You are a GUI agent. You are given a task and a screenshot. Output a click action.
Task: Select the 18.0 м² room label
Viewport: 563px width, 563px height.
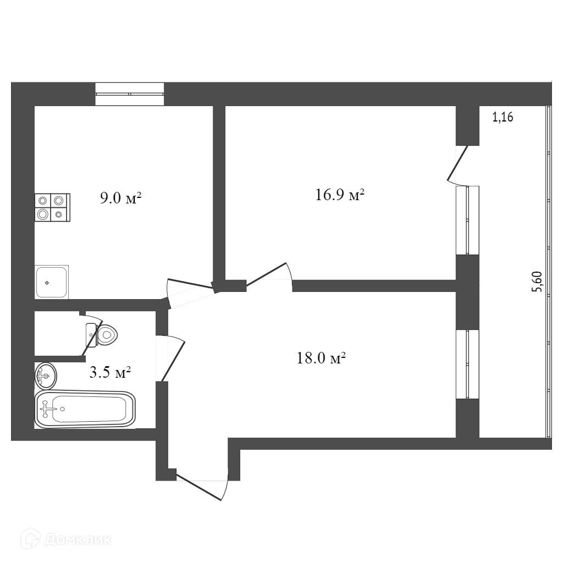[x=321, y=359]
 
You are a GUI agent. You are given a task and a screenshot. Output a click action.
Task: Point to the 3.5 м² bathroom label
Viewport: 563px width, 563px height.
[x=110, y=373]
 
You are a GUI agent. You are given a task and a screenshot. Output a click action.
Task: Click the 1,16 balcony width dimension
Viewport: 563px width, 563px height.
[x=503, y=117]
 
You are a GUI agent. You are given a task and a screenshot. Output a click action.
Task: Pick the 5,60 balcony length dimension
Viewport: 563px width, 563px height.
[x=538, y=284]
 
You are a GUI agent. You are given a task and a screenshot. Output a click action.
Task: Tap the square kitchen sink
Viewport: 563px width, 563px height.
[x=52, y=283]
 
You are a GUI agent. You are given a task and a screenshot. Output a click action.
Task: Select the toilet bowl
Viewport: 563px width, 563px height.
[x=104, y=334]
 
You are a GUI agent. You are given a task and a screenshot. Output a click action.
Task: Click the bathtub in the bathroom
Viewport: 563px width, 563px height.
[x=85, y=409]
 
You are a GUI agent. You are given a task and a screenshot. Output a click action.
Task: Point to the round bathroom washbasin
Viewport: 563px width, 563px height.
[x=45, y=376]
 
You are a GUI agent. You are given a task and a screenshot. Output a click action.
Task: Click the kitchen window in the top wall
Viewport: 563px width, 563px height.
[x=130, y=93]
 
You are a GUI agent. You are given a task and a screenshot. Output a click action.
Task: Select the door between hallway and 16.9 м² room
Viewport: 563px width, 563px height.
[x=268, y=274]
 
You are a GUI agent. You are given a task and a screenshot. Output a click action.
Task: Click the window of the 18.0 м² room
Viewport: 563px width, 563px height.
[x=467, y=364]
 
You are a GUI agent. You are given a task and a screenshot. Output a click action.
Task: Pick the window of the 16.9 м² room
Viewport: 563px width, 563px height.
[x=467, y=220]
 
